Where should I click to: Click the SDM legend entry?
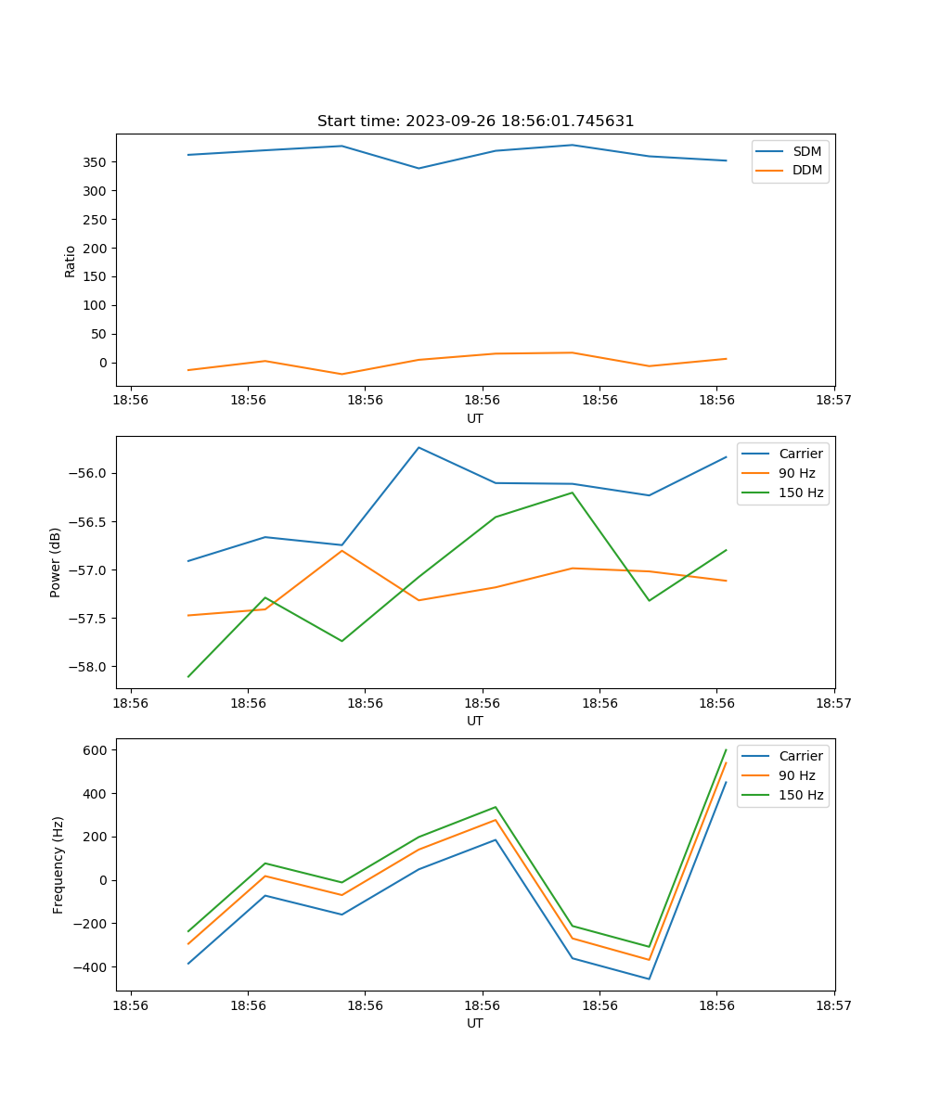point(806,151)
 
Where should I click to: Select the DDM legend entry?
point(806,171)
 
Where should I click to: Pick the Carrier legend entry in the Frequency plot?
point(800,756)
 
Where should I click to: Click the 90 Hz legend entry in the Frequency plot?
point(796,775)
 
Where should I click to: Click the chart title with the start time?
point(475,122)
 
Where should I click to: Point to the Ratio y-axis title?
point(71,261)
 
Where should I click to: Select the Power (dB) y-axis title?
point(56,562)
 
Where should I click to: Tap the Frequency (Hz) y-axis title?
point(58,864)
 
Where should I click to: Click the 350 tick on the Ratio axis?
point(95,162)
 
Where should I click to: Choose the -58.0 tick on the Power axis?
point(88,667)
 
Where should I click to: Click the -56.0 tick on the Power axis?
point(88,473)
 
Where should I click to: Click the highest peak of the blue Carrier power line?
point(419,448)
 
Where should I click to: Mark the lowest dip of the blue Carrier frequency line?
point(649,979)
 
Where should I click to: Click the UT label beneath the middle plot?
point(475,721)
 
